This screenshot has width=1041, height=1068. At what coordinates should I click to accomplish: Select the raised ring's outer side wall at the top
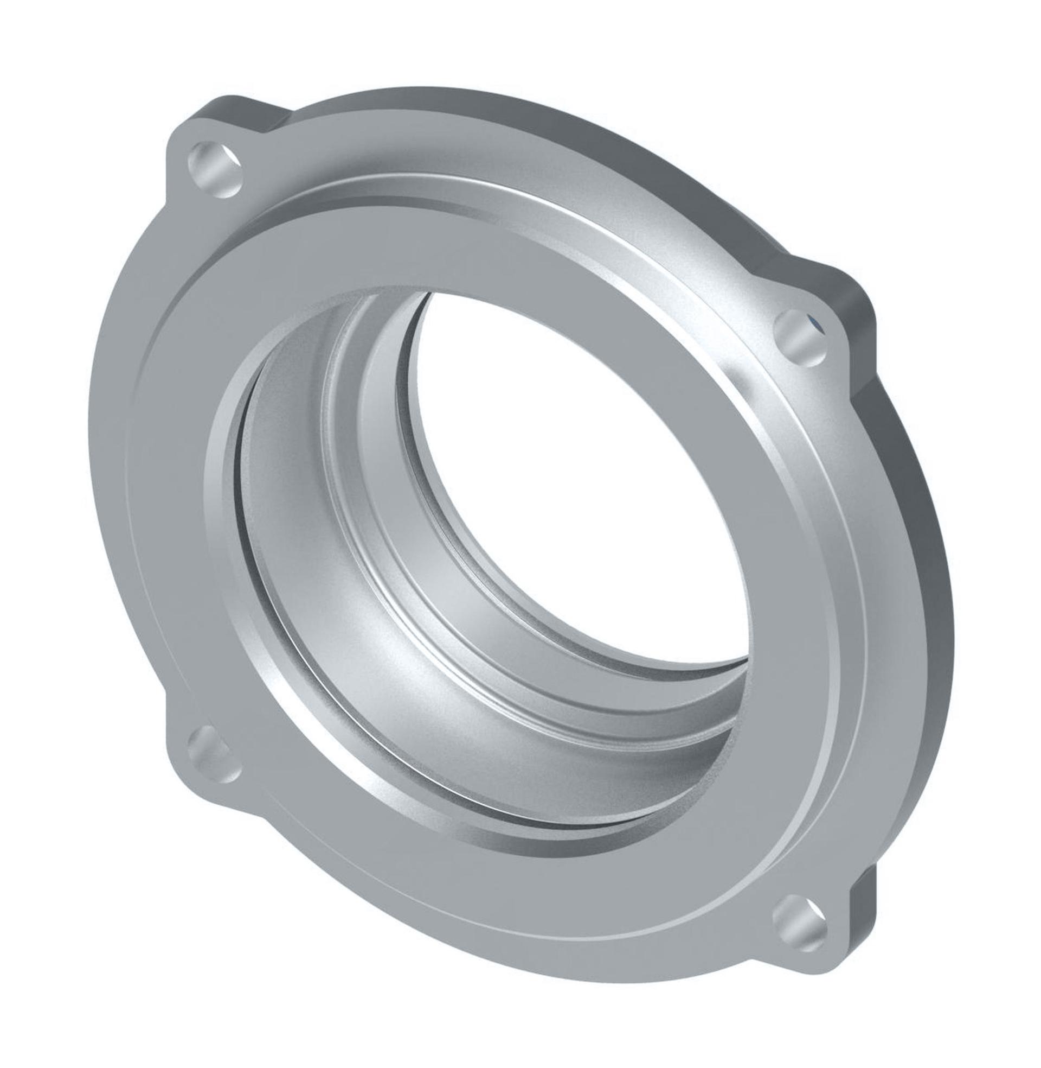(492, 192)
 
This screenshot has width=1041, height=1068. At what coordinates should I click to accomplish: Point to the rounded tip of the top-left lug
(175, 158)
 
